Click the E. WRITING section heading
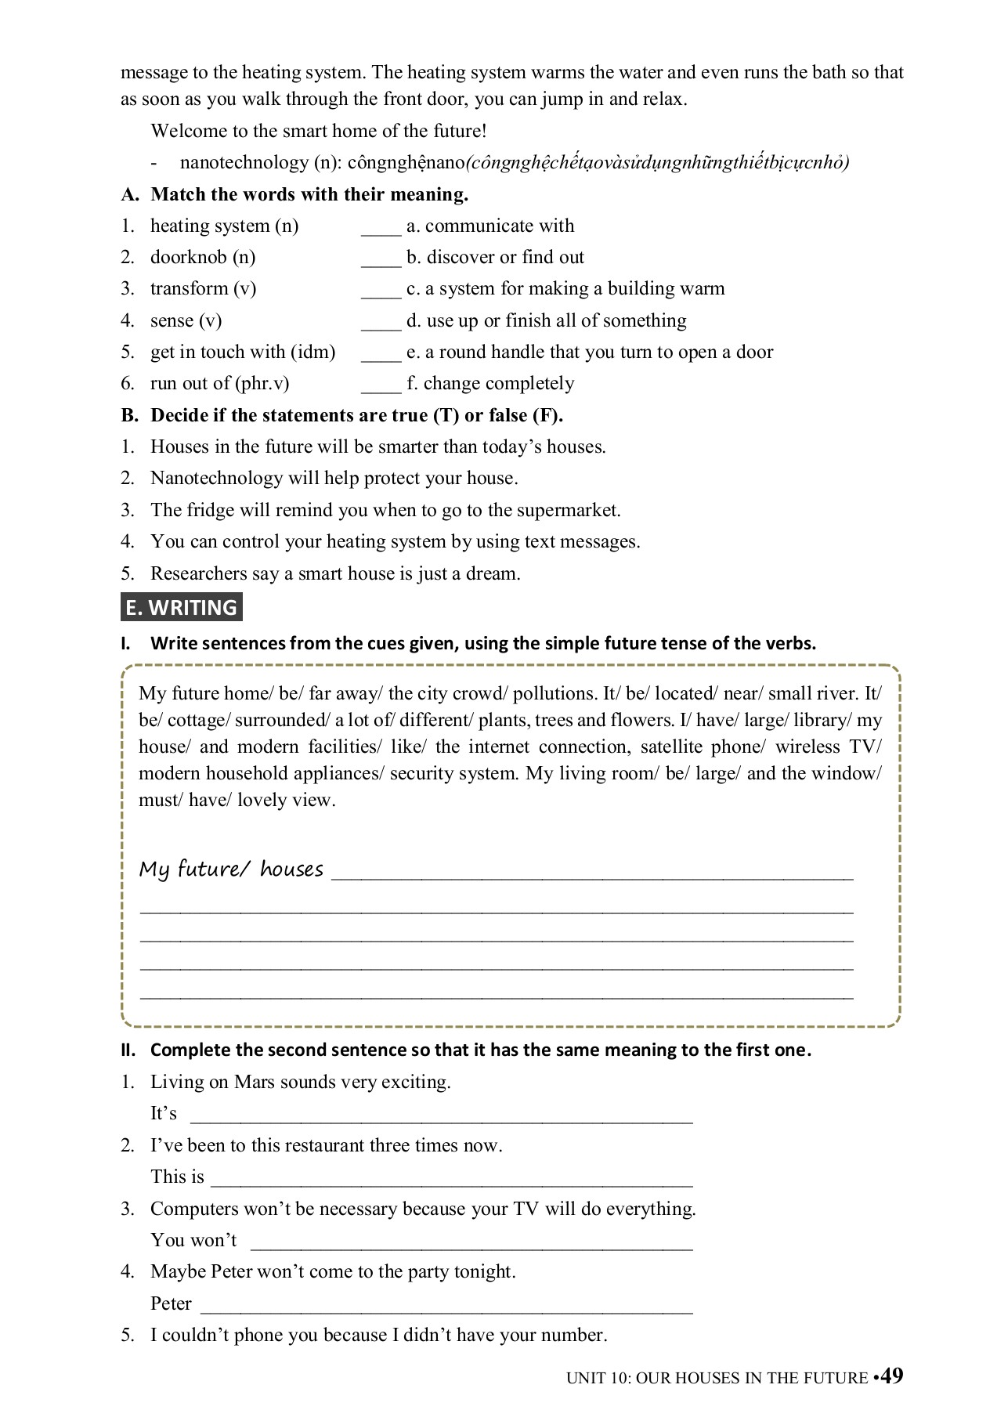[182, 608]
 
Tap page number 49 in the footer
[891, 1376]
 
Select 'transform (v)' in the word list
[203, 289]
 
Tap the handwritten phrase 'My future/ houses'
[231, 869]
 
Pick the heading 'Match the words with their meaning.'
[309, 194]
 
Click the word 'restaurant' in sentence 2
[325, 1146]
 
